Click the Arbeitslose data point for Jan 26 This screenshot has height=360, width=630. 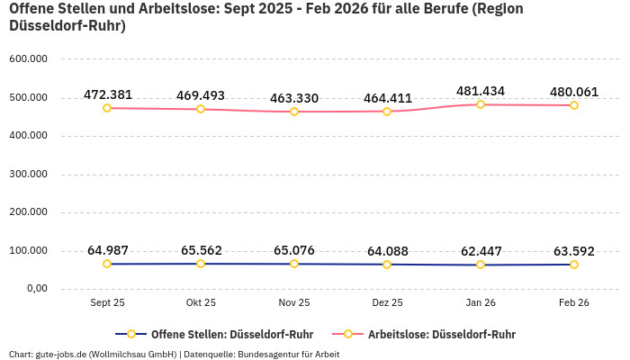pos(481,104)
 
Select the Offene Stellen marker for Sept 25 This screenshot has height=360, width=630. pos(107,264)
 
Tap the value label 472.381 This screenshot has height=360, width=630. pos(108,94)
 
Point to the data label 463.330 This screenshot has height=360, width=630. pos(294,98)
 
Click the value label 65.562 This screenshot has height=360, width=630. pos(202,250)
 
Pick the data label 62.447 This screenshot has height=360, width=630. pos(481,251)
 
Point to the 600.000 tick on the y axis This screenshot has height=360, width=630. pos(28,59)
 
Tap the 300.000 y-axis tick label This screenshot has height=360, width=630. pos(28,174)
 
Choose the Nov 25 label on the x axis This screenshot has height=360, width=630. pos(294,303)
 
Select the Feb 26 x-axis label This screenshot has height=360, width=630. pos(574,303)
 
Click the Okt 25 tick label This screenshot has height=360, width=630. pos(201,303)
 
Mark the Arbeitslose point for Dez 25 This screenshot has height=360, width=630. pos(387,112)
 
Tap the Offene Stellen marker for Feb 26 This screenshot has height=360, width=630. pos(574,265)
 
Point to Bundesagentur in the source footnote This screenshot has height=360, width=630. pos(269,354)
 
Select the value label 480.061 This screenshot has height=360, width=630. pos(574,92)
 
